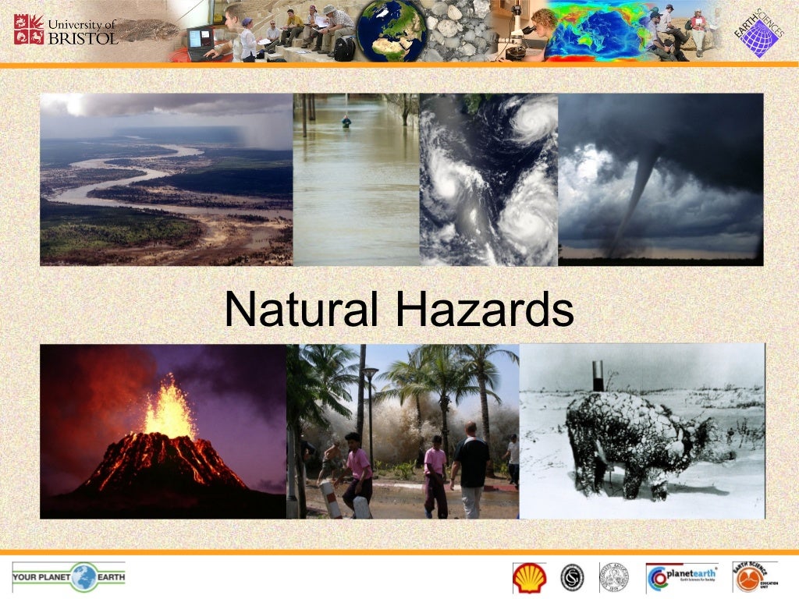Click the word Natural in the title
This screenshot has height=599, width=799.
[x=304, y=310]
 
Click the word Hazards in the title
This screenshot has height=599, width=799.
[x=485, y=310]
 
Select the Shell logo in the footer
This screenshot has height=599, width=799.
[x=529, y=578]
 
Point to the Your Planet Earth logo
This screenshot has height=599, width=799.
[x=69, y=577]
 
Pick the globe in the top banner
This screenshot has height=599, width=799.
[x=389, y=30]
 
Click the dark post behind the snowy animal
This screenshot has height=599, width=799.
[x=598, y=375]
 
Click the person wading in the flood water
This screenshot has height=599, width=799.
[x=346, y=122]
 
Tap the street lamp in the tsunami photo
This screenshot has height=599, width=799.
[x=371, y=413]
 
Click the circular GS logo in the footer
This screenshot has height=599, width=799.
[x=572, y=578]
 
